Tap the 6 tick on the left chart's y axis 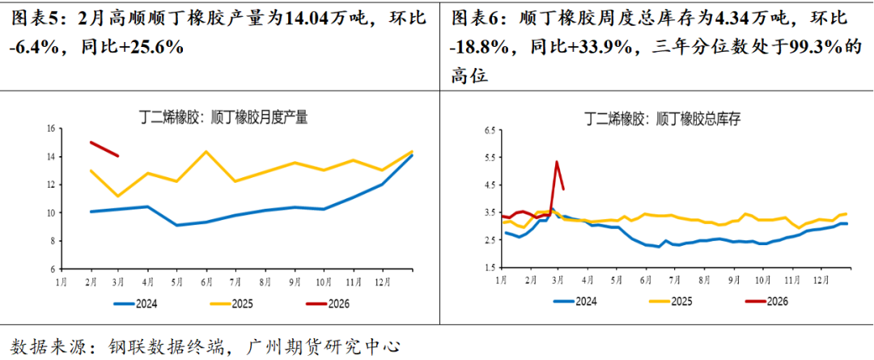coord(51,269)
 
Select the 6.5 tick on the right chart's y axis coord(489,130)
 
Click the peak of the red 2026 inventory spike coord(557,161)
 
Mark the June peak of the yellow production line coord(206,151)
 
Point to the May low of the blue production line coord(177,225)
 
